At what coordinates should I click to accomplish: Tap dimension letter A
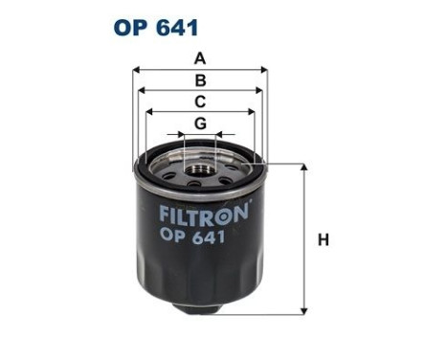coord(199,58)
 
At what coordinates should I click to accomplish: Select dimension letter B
coord(199,80)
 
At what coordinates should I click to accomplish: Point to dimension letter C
coord(199,101)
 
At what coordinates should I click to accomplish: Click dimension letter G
coord(199,124)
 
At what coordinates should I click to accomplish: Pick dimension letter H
coord(323,239)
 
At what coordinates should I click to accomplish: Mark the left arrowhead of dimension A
coord(135,70)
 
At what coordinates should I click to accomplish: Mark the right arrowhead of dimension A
coord(264,70)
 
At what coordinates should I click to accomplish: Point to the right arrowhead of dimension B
coord(258,91)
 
